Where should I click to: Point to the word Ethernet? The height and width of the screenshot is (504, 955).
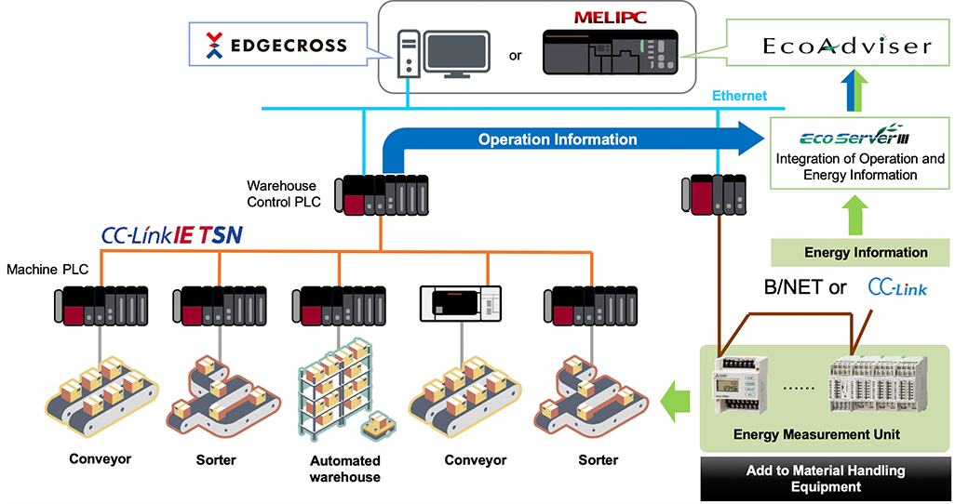point(739,96)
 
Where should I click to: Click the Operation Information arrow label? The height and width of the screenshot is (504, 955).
point(558,139)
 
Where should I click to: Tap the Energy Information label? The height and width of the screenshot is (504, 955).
point(866,252)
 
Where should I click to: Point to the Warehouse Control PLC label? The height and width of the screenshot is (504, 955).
point(281,193)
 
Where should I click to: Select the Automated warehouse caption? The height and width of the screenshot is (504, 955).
point(345,469)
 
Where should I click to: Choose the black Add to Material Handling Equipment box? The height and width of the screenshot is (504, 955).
point(825,478)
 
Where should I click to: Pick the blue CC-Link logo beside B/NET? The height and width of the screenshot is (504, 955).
point(897,288)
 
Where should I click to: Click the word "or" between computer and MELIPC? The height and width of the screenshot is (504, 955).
point(516,55)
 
